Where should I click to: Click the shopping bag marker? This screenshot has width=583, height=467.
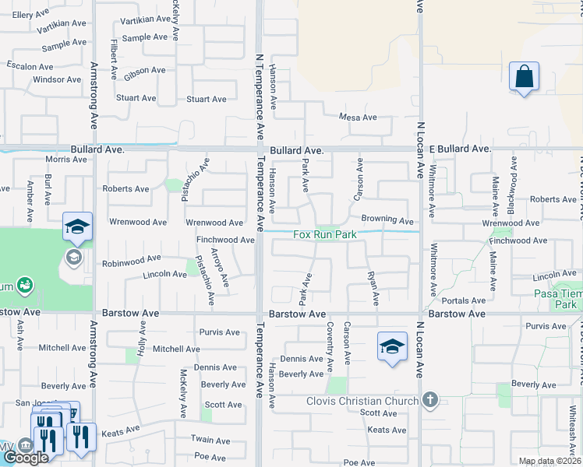click(524, 78)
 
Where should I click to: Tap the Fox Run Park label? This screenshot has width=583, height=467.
click(325, 234)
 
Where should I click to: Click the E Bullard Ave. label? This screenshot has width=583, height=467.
click(460, 148)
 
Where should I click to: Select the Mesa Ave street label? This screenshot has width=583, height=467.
click(358, 118)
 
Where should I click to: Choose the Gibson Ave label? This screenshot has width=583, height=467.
click(144, 70)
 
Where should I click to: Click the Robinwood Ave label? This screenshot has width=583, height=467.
click(132, 257)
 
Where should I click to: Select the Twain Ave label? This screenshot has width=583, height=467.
click(207, 440)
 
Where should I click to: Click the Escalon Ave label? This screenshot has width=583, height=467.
click(30, 66)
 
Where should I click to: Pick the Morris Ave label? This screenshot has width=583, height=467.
click(66, 160)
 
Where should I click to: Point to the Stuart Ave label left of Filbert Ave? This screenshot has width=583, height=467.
click(136, 99)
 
